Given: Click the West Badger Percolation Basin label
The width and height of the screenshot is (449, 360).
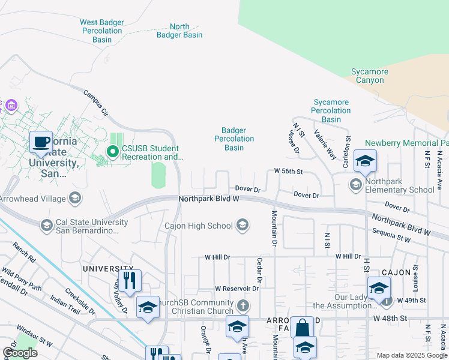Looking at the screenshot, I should coord(102,31).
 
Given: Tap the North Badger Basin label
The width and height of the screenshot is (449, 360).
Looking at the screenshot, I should coord(179,31).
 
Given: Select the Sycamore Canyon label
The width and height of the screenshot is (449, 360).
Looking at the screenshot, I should coord(370,76).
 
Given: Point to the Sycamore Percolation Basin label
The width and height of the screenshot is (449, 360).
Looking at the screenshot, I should coord(331,110).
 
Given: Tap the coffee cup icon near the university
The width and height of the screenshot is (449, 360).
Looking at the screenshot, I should coord(41,143).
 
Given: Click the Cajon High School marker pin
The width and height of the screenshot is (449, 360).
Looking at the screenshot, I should coord(243,226).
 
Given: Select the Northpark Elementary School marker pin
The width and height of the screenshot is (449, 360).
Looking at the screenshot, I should coord(356,184).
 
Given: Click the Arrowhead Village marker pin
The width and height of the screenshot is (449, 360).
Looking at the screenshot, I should coord(75,197).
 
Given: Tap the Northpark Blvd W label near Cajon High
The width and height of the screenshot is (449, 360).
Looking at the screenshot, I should coord(209,198).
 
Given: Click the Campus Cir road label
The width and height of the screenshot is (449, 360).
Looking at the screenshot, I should coord(95,103).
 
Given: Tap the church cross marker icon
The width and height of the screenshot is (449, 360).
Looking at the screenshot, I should coord(243,306).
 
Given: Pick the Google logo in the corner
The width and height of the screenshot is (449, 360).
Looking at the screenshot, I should coord(20,353).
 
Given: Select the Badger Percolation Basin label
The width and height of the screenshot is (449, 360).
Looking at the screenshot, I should coord(234,139).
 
